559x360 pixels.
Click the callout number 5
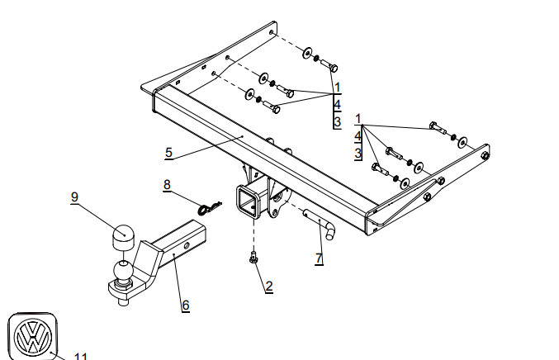tap(168, 152)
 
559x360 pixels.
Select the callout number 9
tap(74, 197)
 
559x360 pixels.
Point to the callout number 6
tap(186, 306)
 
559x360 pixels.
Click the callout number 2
tap(268, 287)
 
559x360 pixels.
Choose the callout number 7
tap(319, 259)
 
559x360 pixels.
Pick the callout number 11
tap(81, 356)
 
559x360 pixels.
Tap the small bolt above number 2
tap(253, 259)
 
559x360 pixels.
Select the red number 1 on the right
tap(358, 118)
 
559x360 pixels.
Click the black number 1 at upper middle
tap(338, 87)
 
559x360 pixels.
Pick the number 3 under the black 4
tap(337, 122)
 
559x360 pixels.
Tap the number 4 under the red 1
tap(358, 135)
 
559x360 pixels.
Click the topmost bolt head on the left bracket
tap(334, 65)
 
